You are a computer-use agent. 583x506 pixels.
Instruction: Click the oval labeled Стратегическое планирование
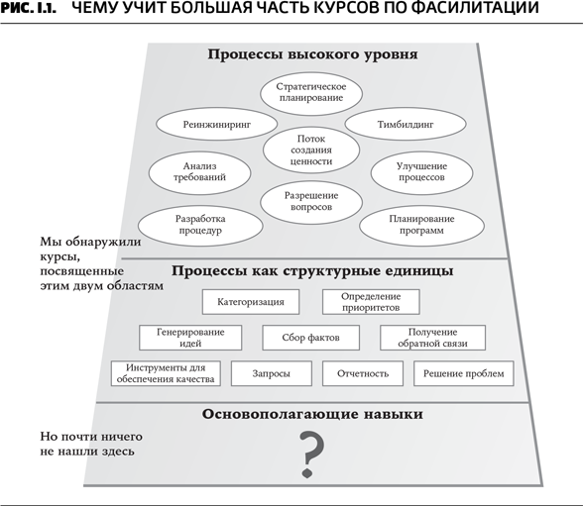coord(311,93)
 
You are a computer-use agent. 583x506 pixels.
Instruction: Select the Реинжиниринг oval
coord(216,124)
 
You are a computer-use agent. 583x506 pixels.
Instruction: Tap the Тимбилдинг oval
coord(406,124)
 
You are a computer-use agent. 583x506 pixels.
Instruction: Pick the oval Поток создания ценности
coord(311,150)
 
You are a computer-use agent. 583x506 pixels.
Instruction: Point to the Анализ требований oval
coord(199,172)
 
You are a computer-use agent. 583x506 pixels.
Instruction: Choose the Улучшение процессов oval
coord(421,172)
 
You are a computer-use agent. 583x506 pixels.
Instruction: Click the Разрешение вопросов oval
coord(311,202)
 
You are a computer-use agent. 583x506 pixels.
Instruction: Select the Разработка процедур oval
coord(200,226)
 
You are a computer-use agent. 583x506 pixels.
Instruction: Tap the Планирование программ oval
coord(421,226)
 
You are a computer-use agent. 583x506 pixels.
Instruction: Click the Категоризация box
coord(251,302)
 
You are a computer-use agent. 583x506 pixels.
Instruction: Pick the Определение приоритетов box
coord(371,302)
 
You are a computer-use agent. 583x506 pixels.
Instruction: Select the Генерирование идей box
coord(190,338)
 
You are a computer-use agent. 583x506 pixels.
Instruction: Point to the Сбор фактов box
coord(311,338)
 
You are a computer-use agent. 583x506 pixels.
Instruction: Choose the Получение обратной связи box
coord(432,338)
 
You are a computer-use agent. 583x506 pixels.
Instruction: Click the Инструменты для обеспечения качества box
coord(166,373)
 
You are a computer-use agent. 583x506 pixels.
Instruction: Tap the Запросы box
coord(272,373)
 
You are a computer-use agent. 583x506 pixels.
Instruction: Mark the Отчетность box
coord(363,373)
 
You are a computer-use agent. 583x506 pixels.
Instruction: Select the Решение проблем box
coord(464,373)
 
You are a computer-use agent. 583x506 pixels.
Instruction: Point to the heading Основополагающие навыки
coord(312,414)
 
